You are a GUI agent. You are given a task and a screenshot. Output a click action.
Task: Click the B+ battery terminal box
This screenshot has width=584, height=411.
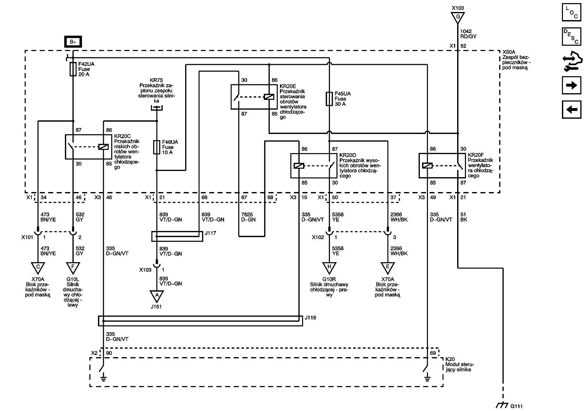tap(73, 42)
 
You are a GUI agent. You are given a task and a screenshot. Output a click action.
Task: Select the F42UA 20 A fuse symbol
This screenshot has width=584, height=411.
tap(73, 69)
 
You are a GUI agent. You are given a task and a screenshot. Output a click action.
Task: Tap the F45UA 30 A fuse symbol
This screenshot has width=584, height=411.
tap(329, 99)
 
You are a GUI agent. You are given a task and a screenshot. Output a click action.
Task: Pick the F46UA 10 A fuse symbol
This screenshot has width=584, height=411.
tap(157, 147)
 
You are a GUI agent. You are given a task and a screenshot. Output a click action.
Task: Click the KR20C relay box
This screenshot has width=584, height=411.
tap(88, 147)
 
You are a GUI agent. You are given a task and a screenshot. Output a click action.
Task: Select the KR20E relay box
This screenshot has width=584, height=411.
tap(254, 97)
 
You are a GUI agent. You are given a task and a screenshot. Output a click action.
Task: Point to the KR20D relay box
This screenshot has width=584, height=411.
tap(314, 166)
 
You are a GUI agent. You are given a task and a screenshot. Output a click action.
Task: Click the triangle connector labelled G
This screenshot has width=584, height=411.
tap(457, 17)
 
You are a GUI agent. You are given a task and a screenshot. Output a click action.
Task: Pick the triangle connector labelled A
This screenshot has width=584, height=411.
tap(157, 296)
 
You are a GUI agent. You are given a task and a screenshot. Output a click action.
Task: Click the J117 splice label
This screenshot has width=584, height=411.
tap(210, 233)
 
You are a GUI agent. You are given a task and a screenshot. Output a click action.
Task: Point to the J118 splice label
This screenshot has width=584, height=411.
tap(310, 318)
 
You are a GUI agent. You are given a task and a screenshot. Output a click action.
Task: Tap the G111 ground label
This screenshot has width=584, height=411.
tap(517, 406)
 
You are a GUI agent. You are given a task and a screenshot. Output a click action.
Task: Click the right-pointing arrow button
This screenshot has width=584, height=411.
tap(571, 85)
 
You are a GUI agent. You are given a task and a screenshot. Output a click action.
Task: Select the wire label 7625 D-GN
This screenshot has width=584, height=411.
tap(248, 217)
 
